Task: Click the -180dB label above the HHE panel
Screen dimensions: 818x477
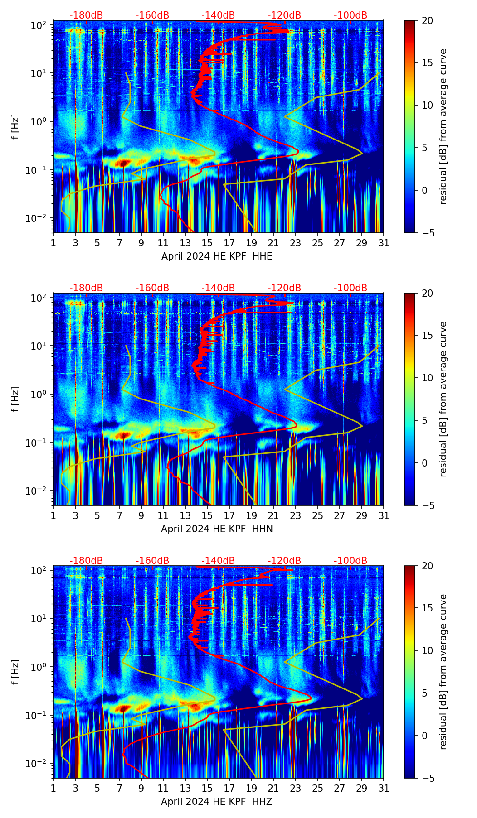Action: coord(86,15)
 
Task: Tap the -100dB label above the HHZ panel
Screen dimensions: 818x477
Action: coord(350,561)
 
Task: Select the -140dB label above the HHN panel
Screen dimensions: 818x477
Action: coord(218,288)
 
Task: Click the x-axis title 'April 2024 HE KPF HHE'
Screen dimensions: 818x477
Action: coord(217,256)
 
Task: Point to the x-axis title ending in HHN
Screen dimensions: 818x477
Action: coord(217,529)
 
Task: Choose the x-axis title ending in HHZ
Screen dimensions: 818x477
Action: coord(217,802)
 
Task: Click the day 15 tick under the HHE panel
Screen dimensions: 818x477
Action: coord(207,243)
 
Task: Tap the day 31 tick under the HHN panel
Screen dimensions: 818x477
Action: coord(384,515)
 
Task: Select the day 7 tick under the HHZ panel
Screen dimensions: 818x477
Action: coord(119,788)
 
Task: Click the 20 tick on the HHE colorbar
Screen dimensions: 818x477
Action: coord(427,20)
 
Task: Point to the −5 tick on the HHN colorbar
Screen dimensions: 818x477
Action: coord(427,505)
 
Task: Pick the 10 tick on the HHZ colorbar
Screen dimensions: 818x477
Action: coord(427,650)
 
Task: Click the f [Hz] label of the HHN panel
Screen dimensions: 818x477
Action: coord(15,399)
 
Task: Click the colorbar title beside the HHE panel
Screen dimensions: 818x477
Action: coord(443,126)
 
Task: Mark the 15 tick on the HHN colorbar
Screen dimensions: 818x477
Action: coord(427,335)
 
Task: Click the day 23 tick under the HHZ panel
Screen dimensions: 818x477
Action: coord(296,788)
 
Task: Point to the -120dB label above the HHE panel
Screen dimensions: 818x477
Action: coord(284,15)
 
